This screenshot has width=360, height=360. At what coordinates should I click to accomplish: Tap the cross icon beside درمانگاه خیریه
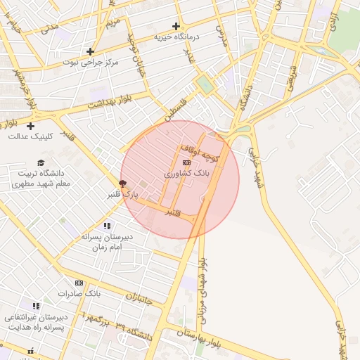point(176,26)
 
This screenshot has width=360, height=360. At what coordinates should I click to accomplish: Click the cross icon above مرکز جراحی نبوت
point(90,51)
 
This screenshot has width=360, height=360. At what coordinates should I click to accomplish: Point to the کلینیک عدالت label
point(30,136)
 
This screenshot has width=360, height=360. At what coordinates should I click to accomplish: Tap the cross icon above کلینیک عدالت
point(30,126)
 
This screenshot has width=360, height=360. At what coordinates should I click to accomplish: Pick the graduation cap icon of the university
point(41,162)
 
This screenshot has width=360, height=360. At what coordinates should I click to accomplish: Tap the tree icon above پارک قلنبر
point(124,184)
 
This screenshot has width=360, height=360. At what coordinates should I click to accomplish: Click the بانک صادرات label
point(79,292)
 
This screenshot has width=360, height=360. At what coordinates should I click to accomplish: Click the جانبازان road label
point(138,299)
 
